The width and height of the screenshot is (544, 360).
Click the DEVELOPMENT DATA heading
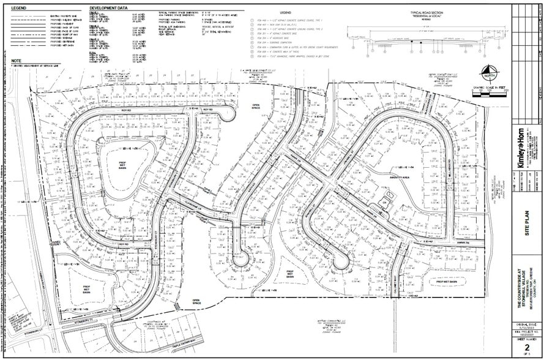[108, 9]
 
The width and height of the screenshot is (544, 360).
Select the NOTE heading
[16, 61]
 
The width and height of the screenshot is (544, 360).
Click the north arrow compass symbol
[488, 73]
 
